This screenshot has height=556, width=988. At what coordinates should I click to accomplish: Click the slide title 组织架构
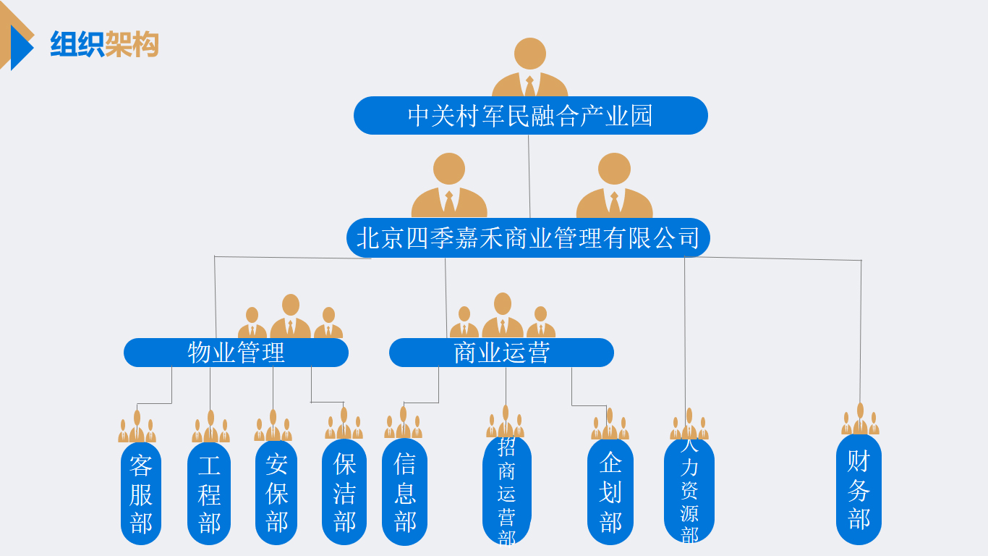tap(104, 44)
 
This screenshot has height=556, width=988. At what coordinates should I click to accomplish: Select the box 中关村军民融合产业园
tap(530, 116)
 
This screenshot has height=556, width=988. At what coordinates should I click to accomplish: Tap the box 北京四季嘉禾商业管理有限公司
tap(528, 238)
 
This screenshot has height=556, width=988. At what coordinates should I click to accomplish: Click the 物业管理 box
tap(236, 353)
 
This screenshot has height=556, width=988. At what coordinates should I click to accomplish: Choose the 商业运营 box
tap(501, 353)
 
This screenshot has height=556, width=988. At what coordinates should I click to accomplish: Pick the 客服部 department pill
tap(141, 494)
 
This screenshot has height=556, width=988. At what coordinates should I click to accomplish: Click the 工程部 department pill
tap(209, 494)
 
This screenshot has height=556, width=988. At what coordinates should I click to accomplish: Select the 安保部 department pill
tap(276, 494)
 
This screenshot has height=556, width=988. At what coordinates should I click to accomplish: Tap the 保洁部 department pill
tap(344, 492)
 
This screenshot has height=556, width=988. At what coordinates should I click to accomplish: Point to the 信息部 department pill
tap(404, 492)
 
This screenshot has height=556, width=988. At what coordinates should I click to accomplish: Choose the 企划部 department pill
tap(610, 492)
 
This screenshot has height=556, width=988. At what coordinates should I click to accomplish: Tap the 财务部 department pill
tap(859, 490)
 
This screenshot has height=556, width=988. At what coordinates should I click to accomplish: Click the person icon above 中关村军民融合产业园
tap(530, 69)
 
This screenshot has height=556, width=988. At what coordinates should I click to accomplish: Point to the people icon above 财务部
tap(860, 420)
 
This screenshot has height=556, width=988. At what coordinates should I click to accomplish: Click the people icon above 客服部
tap(137, 427)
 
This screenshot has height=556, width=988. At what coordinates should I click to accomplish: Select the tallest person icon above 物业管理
tap(291, 317)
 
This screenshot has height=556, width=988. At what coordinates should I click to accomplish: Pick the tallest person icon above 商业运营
tap(503, 316)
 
